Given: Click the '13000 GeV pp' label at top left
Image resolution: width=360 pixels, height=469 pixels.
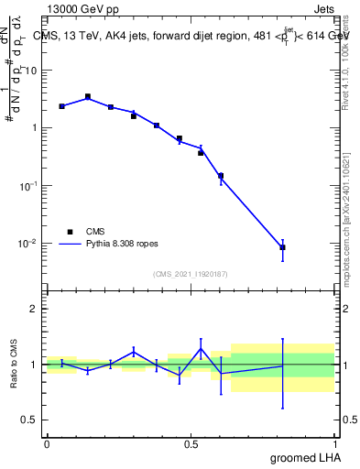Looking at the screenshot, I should (x=80, y=11).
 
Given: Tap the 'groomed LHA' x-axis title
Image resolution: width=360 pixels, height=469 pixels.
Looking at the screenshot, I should (x=303, y=457).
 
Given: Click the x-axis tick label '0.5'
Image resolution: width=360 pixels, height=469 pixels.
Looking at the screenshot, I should (x=191, y=442).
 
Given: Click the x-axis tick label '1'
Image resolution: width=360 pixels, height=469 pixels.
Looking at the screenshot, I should (x=334, y=442).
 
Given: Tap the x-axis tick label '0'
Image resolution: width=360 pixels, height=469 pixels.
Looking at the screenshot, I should (x=47, y=442).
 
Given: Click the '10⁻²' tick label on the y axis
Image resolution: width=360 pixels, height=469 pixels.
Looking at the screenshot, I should (x=27, y=243).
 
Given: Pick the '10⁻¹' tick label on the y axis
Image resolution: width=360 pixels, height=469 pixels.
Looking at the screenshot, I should (x=27, y=185).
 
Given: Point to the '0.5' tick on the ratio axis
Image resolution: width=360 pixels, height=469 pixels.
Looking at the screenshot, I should (x=29, y=420).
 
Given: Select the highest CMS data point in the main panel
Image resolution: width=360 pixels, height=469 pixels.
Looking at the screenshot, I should (x=88, y=96).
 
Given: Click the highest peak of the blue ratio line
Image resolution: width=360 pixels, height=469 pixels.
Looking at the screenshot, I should (x=201, y=348).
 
